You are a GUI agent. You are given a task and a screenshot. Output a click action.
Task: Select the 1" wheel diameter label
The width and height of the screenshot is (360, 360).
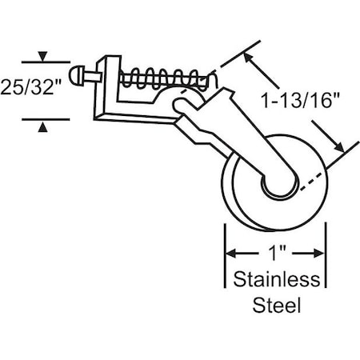coord(275,254)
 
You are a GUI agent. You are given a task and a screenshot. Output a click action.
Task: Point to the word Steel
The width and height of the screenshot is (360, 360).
coord(275,305)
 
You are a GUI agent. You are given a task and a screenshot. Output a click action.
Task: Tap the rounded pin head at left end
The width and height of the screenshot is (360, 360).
coord(75,78)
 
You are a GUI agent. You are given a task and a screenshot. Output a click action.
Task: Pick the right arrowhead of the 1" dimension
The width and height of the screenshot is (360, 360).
coord(321,254)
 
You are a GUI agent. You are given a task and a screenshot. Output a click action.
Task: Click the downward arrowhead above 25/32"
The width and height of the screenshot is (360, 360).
coord(43,57)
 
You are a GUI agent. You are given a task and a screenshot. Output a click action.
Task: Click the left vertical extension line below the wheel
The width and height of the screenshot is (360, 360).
coord(225,256)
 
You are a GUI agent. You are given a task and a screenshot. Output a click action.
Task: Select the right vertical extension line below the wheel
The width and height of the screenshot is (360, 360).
coord(326,256)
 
